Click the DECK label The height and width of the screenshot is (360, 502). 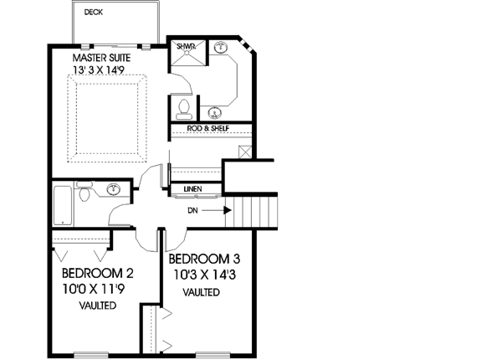coord(94,13)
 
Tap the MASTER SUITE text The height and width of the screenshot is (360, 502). coord(101,58)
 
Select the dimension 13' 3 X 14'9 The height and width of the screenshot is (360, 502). coord(99,69)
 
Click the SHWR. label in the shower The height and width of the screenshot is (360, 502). coord(186,46)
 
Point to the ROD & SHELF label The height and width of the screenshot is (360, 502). coord(208,128)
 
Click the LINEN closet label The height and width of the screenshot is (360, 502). coord(192,189)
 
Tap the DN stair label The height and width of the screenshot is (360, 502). coord(192,210)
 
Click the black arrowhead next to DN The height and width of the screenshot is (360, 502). coord(228,210)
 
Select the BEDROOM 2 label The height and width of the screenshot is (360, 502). coord(97,274)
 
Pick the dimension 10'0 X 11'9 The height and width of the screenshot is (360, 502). coord(93,289)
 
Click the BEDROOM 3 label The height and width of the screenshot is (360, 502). coord(204,259)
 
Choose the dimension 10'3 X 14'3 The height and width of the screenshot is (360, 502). coord(205,275)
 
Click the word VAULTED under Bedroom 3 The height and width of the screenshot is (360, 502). coord(201,292)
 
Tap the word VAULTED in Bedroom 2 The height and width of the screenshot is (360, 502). coord(98,306)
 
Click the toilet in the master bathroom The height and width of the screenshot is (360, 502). coord(183,108)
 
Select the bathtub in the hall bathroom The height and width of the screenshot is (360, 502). coord(63,206)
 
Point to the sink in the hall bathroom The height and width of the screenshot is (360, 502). coord(114,189)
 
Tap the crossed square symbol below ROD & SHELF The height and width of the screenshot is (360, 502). coord(245,152)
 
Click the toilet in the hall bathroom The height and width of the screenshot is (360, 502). coord(84,192)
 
